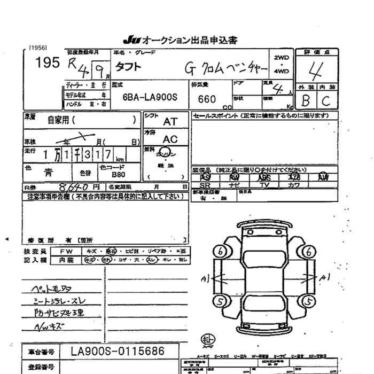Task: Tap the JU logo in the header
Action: (x=130, y=40)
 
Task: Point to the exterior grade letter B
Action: (x=306, y=99)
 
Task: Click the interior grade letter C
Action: (x=326, y=99)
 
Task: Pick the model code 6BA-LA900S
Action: (x=149, y=99)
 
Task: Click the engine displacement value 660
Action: (x=207, y=99)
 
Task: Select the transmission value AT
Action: (x=170, y=122)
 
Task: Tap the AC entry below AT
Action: (x=170, y=139)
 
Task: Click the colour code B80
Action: (x=119, y=174)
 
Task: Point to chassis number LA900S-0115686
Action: (x=118, y=352)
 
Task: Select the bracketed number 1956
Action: (x=37, y=47)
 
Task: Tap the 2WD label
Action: (x=281, y=57)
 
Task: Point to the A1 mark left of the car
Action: (x=205, y=278)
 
